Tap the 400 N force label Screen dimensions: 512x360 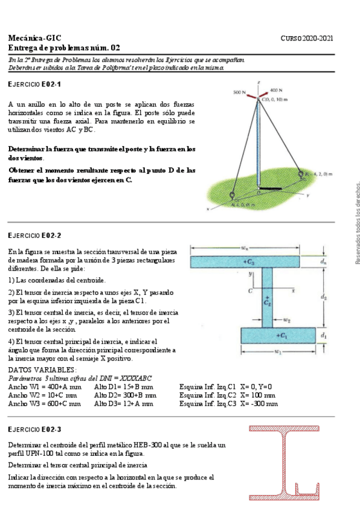click(277, 89)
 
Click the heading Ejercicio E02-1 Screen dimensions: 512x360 click(34, 84)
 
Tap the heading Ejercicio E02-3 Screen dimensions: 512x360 click(34, 429)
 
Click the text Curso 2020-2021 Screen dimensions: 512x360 click(307, 38)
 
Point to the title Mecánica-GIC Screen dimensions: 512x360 click(34, 38)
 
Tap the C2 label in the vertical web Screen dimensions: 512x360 click(268, 300)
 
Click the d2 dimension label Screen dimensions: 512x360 click(324, 297)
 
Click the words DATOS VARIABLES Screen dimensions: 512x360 click(42, 370)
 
